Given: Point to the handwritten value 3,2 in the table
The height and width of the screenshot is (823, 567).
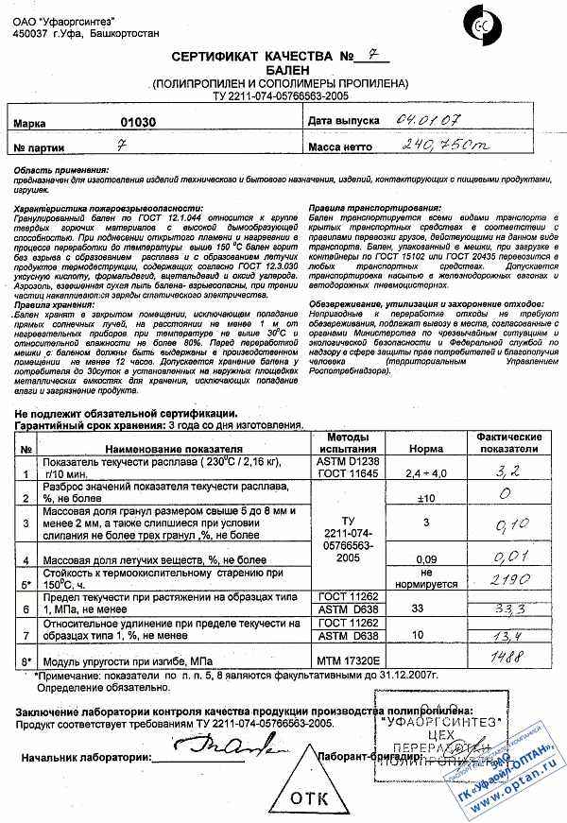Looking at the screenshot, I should [x=509, y=469].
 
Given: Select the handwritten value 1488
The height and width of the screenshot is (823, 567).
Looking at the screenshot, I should [x=509, y=658].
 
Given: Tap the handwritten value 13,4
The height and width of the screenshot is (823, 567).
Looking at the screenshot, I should [x=509, y=635].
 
